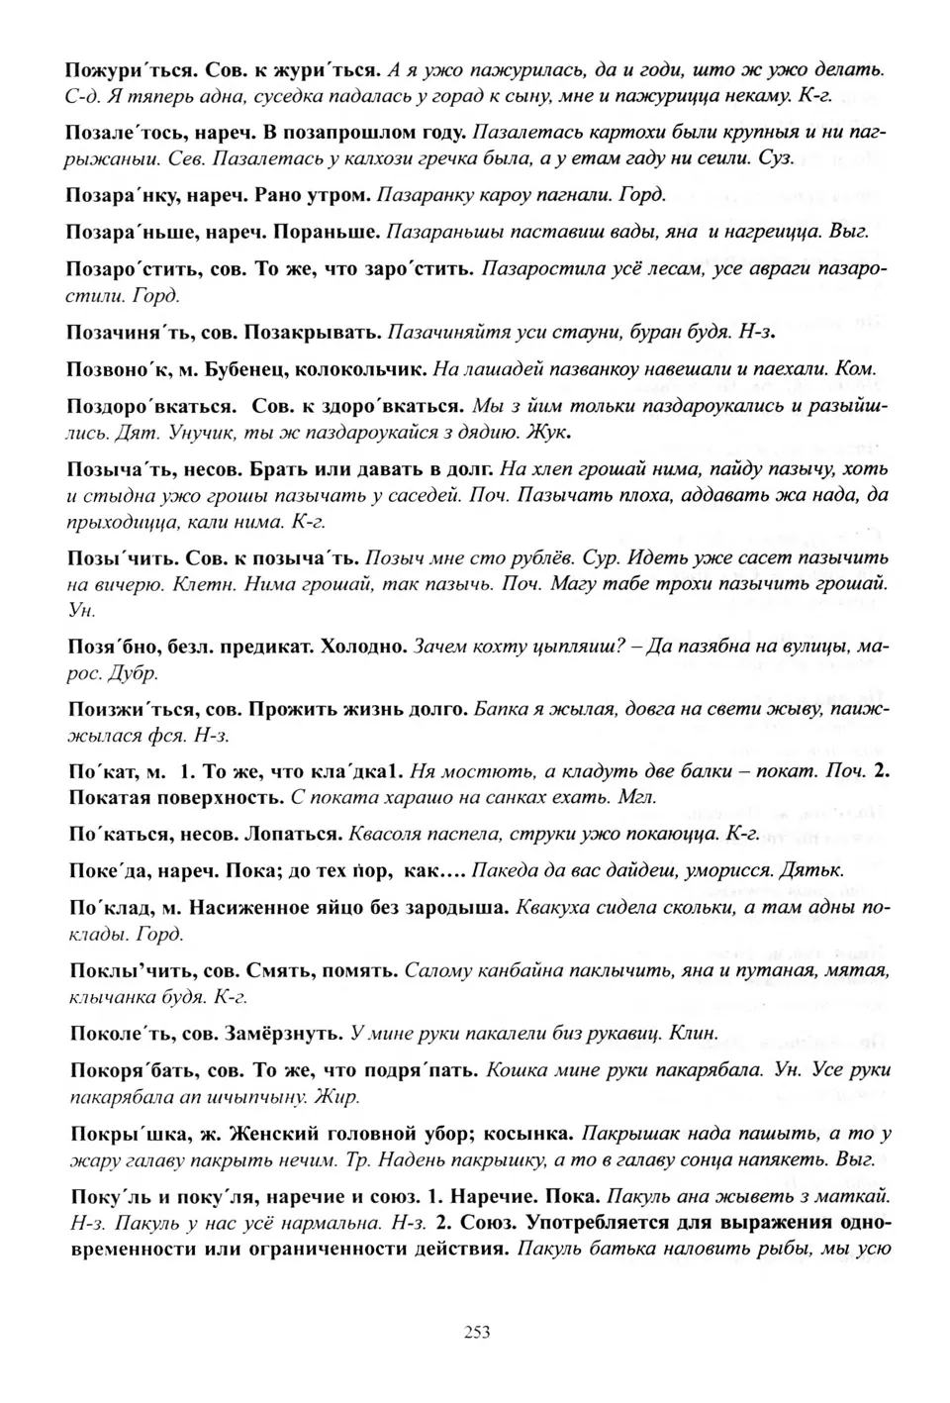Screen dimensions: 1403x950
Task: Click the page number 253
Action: tap(476, 1332)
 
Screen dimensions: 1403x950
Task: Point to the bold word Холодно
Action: tap(362, 647)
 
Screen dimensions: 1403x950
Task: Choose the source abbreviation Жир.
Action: tap(341, 1096)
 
